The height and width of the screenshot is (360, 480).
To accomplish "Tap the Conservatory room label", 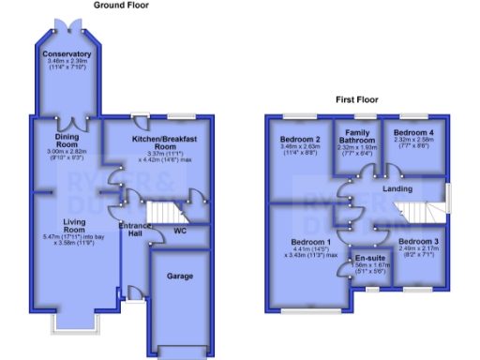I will (x=67, y=54).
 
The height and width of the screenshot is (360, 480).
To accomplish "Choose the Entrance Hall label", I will (x=135, y=231).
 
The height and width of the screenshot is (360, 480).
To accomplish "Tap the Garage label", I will (x=180, y=277).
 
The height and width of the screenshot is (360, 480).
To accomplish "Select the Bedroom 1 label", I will (x=308, y=242).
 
